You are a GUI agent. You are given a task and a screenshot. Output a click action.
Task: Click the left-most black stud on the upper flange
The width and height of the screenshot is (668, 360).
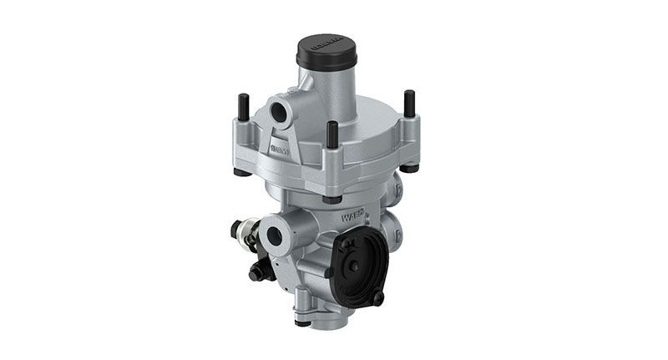coord(241,108)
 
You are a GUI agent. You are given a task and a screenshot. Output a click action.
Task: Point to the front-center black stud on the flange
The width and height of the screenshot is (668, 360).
coord(332,134)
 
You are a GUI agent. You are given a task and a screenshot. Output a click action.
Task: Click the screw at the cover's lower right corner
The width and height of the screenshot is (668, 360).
coord(377,297)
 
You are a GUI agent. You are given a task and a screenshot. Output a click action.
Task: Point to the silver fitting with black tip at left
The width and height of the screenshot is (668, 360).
coord(242,234)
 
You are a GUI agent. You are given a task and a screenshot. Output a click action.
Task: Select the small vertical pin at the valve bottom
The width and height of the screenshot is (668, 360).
coord(301,318)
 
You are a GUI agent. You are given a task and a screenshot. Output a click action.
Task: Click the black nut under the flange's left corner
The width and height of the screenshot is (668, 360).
coord(240,172)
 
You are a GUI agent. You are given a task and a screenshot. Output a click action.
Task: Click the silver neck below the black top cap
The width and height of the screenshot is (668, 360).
coord(326,92)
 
